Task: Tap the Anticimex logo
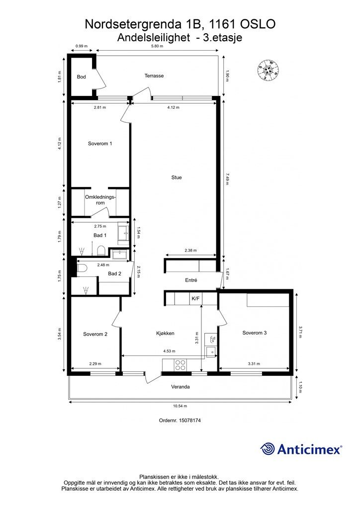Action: click(301, 449)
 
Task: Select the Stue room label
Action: click(177, 177)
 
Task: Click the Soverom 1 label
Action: click(100, 144)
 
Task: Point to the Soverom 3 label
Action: click(255, 333)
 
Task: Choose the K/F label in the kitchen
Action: click(195, 299)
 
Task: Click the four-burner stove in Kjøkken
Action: click(180, 365)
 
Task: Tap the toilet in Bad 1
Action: click(101, 251)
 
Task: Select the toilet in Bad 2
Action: click(82, 268)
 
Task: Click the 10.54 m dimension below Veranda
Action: click(180, 406)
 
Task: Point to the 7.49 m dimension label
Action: click(227, 178)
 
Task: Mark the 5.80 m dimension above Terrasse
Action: click(158, 46)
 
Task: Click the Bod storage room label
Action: click(81, 77)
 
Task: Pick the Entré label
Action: click(191, 280)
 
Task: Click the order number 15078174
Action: click(180, 421)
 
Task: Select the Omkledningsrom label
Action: click(100, 200)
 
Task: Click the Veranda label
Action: click(180, 387)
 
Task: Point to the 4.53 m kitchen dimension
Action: click(169, 351)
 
